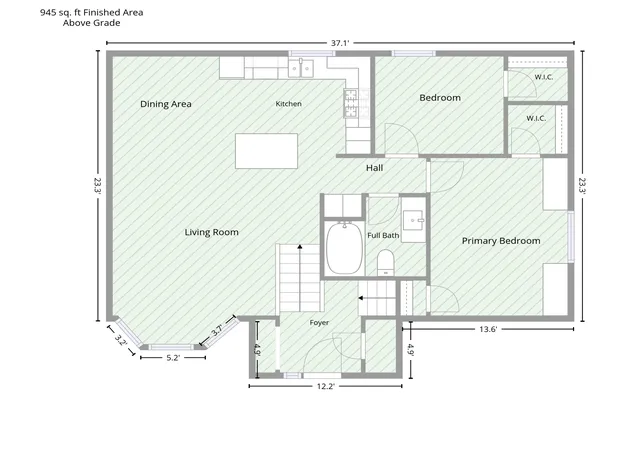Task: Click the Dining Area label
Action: [x=166, y=104]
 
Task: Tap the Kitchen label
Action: [x=289, y=104]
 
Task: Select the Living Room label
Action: [x=211, y=232]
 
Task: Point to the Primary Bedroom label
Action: [x=501, y=241]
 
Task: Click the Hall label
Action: [x=374, y=168]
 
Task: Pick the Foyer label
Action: [x=319, y=323]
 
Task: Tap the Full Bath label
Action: [x=383, y=235]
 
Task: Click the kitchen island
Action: [x=267, y=151]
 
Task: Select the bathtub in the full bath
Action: [x=344, y=248]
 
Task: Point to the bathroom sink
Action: [x=414, y=221]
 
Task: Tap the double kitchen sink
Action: [x=301, y=68]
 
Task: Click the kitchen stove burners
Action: [x=351, y=103]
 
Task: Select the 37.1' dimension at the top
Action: [x=340, y=43]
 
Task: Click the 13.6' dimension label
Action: [x=488, y=329]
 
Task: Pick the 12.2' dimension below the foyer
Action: [x=325, y=386]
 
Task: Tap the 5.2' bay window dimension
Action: [x=173, y=358]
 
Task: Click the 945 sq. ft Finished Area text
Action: [x=91, y=13]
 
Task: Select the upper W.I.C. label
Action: [x=544, y=77]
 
